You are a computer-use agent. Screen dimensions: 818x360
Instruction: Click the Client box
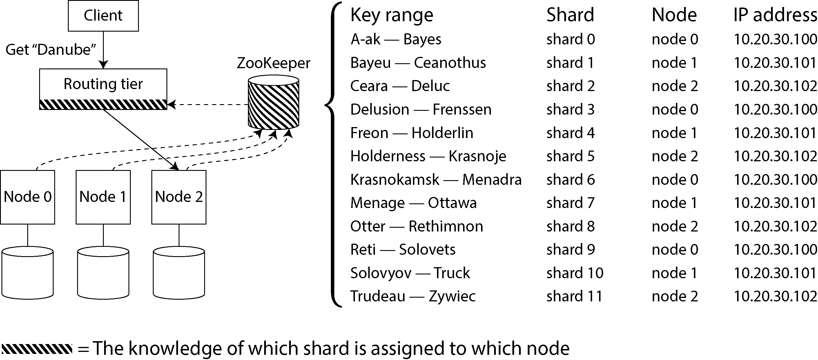[x=103, y=16]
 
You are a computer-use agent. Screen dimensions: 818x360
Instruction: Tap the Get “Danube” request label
[x=51, y=50]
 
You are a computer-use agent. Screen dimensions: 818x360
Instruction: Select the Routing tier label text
[x=103, y=84]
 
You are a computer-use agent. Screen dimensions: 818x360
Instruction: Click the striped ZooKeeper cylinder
[x=273, y=102]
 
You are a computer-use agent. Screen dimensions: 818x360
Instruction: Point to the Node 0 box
[x=28, y=197]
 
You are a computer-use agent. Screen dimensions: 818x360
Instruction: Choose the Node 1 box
[x=103, y=197]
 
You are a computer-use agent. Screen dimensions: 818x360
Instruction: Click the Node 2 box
[x=179, y=197]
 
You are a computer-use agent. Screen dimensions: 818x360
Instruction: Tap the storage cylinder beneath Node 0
[x=28, y=273]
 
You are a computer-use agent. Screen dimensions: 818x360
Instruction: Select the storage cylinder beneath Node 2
[x=179, y=273]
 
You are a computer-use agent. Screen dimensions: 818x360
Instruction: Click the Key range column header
[x=391, y=15]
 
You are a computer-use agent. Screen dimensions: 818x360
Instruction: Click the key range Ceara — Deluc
[x=400, y=86]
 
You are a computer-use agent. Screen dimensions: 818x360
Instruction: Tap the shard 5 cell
[x=570, y=156]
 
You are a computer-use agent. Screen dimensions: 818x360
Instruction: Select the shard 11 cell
[x=574, y=296]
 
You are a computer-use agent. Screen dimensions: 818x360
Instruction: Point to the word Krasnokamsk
[x=395, y=180]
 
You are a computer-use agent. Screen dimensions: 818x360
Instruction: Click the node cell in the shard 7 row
[x=674, y=203]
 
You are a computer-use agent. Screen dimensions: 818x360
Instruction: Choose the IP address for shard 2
[x=775, y=86]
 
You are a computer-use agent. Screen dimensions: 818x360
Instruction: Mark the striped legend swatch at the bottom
[x=37, y=349]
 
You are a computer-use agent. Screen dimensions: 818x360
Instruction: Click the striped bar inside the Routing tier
[x=103, y=104]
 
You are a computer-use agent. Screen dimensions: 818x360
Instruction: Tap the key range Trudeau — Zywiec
[x=413, y=296]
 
